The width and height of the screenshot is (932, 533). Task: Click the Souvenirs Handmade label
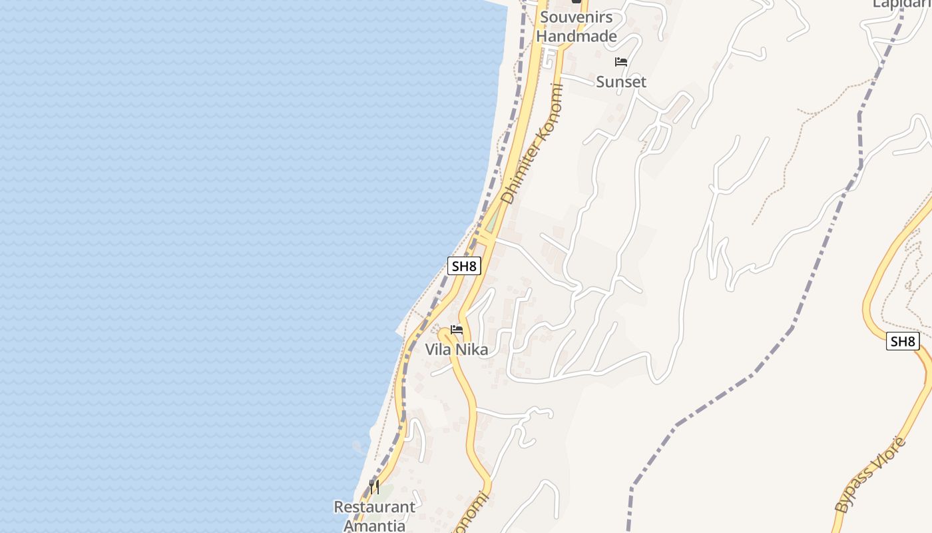(577, 27)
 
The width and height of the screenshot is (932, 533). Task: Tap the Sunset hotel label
(621, 82)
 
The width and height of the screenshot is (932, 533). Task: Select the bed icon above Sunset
(621, 63)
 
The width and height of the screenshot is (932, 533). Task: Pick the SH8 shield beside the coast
(464, 266)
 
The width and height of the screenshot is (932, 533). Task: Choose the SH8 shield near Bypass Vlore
(903, 342)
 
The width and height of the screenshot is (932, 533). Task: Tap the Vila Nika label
(457, 350)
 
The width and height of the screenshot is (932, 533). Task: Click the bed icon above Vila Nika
(457, 330)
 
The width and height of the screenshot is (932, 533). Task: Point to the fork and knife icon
(374, 487)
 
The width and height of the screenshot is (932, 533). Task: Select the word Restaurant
(374, 507)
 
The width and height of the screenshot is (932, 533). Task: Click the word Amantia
(374, 525)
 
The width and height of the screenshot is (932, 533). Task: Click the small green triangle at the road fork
(491, 225)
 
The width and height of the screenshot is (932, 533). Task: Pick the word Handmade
(577, 36)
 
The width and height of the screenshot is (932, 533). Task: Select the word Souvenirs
(577, 17)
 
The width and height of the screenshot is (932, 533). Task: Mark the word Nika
(472, 350)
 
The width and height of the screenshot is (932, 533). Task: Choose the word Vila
(439, 350)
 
